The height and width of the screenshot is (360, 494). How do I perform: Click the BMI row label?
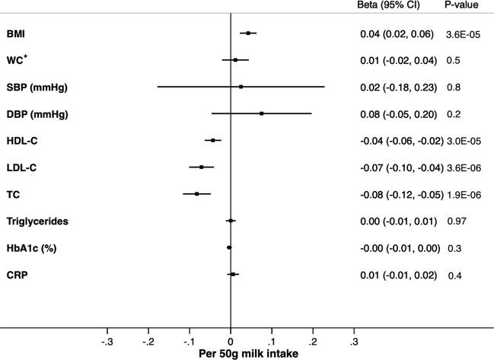coord(18,33)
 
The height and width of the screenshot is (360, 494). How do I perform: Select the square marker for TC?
coord(196,194)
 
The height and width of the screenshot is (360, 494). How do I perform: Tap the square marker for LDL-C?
coord(202,167)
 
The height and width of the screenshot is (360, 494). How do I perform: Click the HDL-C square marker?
coord(213,140)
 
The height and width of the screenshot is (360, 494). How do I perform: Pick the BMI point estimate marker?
coord(248,33)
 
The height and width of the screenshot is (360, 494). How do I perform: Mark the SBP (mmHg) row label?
coord(38,88)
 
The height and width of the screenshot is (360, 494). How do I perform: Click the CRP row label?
coord(18,275)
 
